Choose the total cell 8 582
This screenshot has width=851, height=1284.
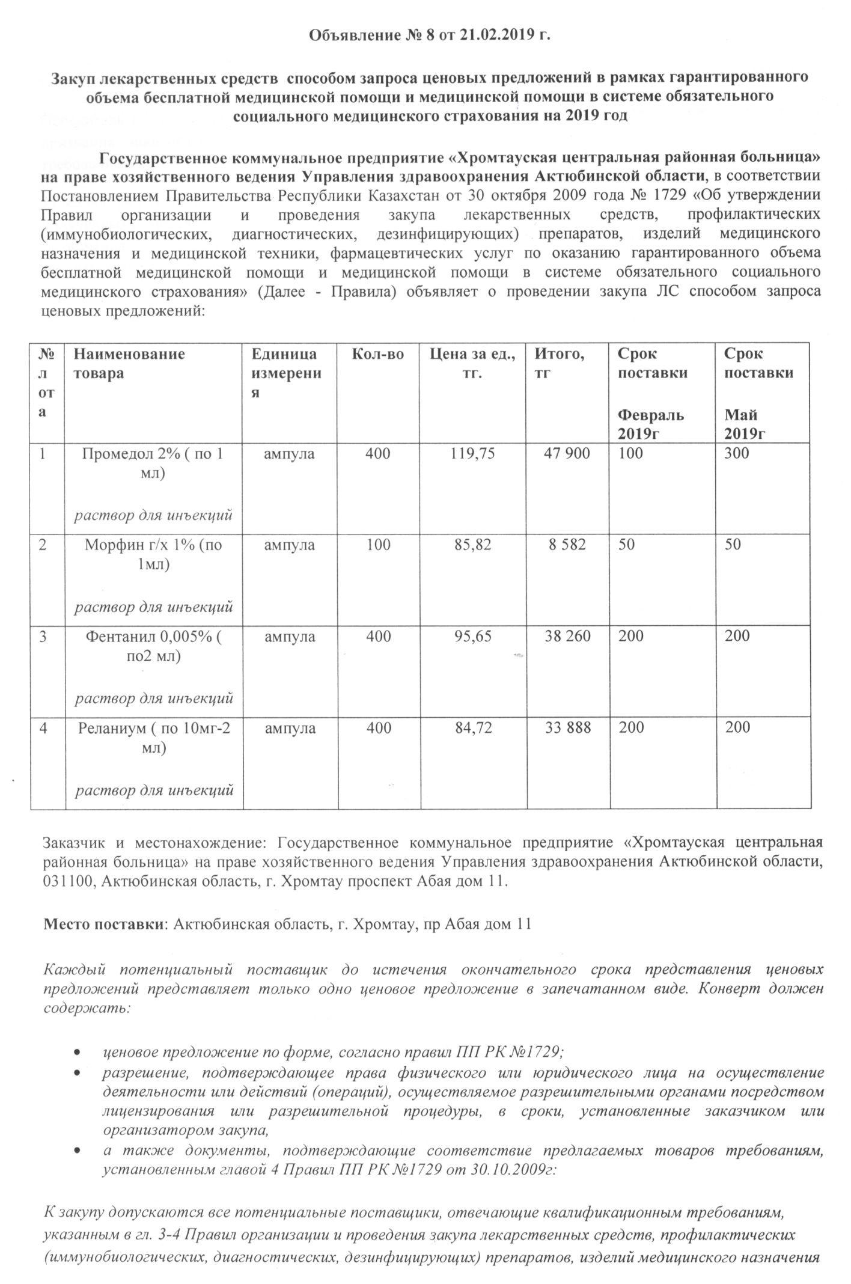tap(568, 545)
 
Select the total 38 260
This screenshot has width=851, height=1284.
tap(567, 636)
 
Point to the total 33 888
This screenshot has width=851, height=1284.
tap(567, 728)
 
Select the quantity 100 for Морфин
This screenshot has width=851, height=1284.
tap(378, 545)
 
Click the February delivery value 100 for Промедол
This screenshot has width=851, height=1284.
tap(630, 453)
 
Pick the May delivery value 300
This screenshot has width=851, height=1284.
tap(737, 453)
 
